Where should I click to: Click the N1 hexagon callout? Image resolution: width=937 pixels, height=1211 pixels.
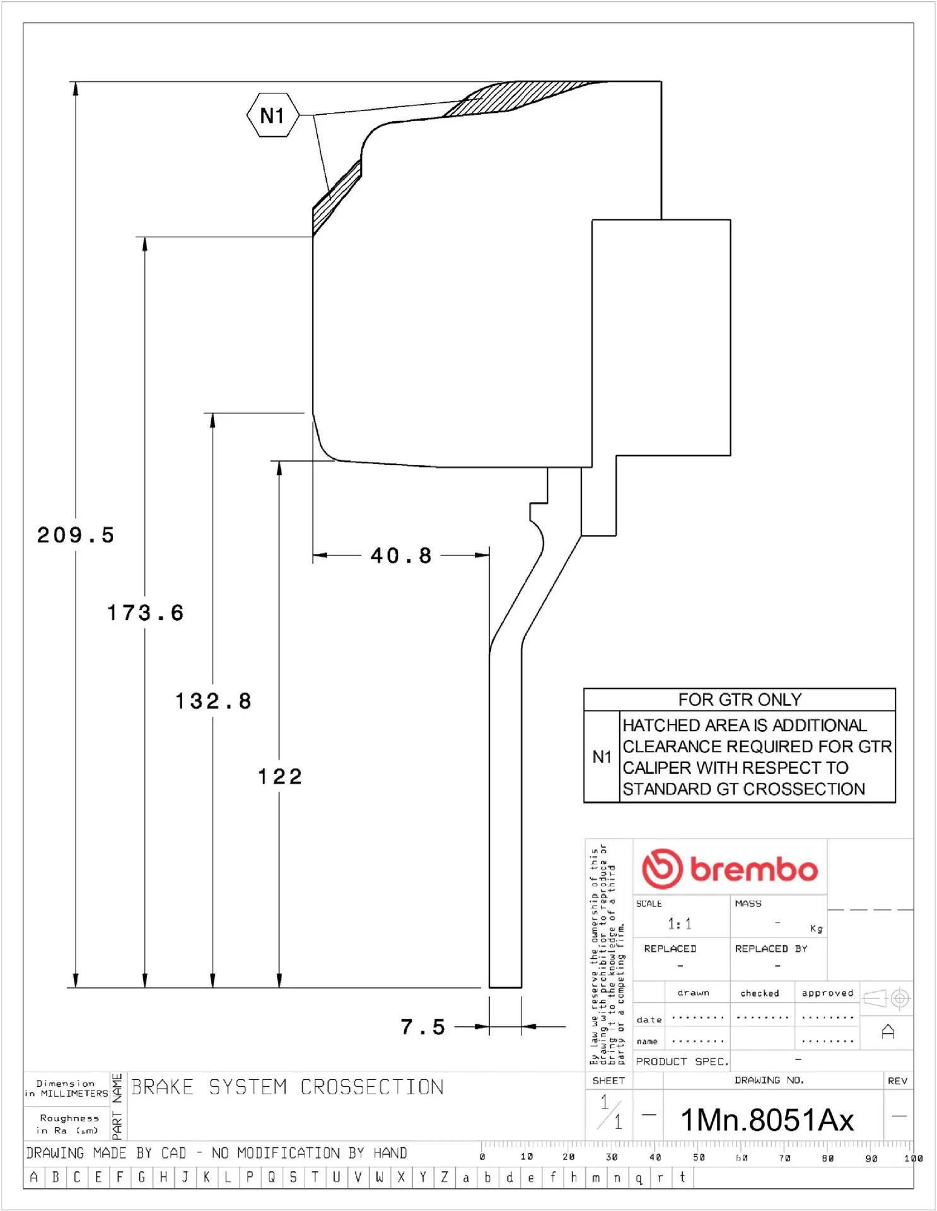272,115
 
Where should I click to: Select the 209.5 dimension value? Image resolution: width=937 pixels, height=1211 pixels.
76,535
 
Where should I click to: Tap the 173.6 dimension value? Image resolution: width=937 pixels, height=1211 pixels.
145,612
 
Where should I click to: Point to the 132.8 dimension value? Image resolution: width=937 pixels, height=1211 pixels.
213,701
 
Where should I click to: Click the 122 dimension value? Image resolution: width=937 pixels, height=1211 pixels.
280,776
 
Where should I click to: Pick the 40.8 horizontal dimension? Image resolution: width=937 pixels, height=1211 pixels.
401,556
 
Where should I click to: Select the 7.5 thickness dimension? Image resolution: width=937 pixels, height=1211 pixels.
422,1027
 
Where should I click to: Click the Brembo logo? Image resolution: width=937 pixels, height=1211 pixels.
730,869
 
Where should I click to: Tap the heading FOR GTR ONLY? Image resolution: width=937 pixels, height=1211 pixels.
740,699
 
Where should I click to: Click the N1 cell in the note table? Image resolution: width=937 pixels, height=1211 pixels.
602,757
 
